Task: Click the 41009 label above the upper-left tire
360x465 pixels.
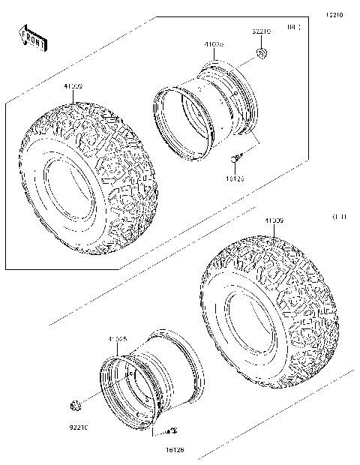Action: pos(73,87)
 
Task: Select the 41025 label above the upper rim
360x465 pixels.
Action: pos(214,45)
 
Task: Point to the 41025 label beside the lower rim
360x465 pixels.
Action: pos(117,339)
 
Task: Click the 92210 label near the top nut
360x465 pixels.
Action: pos(260,32)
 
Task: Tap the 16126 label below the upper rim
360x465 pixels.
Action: pos(236,180)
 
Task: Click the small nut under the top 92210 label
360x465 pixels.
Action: pos(262,53)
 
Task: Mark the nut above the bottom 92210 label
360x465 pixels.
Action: pos(75,406)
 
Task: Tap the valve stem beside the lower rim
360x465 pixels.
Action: pos(170,430)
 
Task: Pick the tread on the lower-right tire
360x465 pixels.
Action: pos(300,300)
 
